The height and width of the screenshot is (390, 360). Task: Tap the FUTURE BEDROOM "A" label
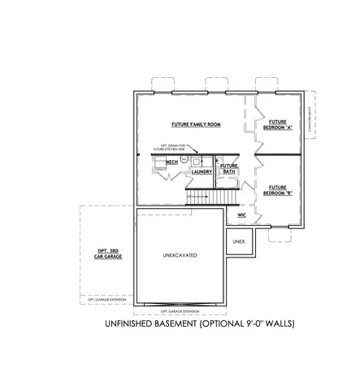tap(278, 125)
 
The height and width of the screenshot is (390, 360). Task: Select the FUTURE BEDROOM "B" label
tap(278, 191)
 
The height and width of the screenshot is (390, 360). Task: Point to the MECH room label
tap(171, 163)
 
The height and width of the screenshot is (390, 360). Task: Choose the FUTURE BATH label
tap(229, 169)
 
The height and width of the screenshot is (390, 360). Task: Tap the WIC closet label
tap(241, 216)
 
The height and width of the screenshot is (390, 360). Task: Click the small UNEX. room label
tap(239, 241)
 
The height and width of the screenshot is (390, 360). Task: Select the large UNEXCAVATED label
tap(180, 256)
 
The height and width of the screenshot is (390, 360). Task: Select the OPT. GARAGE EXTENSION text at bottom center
tap(180, 311)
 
